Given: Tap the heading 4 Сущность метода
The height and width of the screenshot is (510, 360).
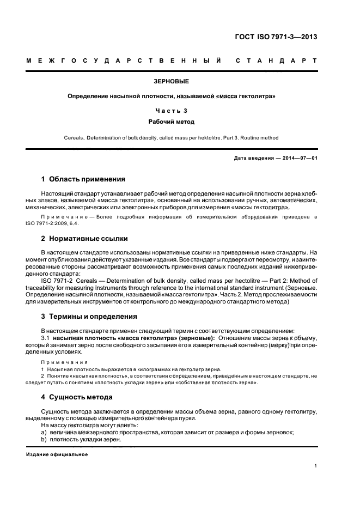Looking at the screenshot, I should point(77,397).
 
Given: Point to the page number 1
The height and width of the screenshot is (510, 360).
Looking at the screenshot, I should point(316,465).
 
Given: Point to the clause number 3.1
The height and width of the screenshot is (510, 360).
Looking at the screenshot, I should point(45,338).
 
